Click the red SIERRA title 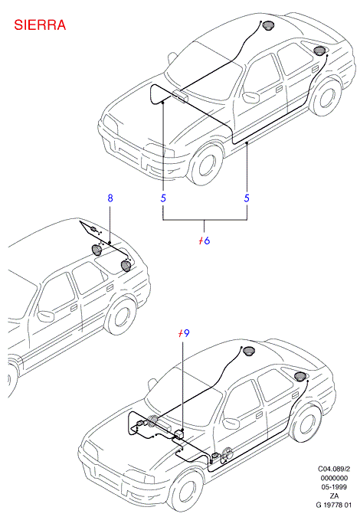coord(40,25)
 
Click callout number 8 coord(110,198)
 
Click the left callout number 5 coord(163,198)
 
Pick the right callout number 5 coord(247,198)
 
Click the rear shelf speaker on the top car coord(268,25)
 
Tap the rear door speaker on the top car coord(319,51)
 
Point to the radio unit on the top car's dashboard coord(180,96)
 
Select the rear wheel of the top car coord(326,96)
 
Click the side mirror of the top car coord(251,97)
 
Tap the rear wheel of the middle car coord(121,317)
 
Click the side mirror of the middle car coord(46,316)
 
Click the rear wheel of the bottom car coord(306,423)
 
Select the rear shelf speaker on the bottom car coord(249,351)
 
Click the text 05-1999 coord(334,487)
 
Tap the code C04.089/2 coord(334,469)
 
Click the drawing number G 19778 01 coord(334,505)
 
